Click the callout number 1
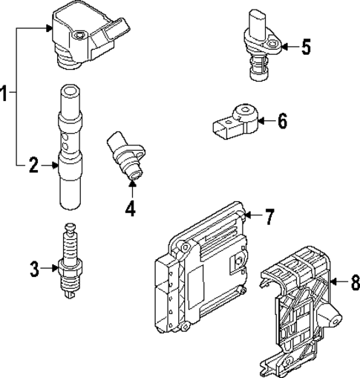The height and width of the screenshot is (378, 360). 5,94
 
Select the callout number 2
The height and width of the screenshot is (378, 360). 33,166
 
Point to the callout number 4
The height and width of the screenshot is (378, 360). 131,209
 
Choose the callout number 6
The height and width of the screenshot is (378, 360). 281,120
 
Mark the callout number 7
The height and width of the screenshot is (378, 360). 269,216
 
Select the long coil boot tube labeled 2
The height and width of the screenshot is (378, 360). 68,149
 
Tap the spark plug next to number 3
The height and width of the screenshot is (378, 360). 70,261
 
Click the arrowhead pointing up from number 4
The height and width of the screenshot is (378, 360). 131,184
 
